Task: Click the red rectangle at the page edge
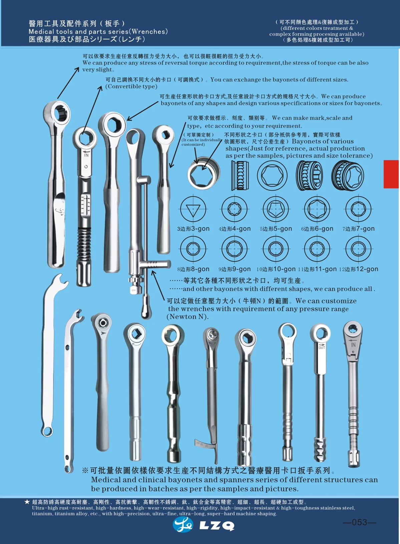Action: [x=391, y=174]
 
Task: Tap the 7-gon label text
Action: [x=358, y=229]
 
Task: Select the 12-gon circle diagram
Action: [x=358, y=249]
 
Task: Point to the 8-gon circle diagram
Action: [x=193, y=249]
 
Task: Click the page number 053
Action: [x=359, y=522]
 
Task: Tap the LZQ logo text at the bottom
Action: [x=217, y=526]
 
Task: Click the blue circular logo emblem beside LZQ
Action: [x=183, y=525]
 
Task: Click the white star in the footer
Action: [x=27, y=502]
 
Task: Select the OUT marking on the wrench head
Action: [x=322, y=347]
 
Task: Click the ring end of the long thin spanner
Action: [x=47, y=431]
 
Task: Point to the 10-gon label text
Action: [x=276, y=269]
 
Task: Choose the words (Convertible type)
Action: [x=131, y=87]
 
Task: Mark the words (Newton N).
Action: [x=187, y=317]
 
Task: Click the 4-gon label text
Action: [x=235, y=229]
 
